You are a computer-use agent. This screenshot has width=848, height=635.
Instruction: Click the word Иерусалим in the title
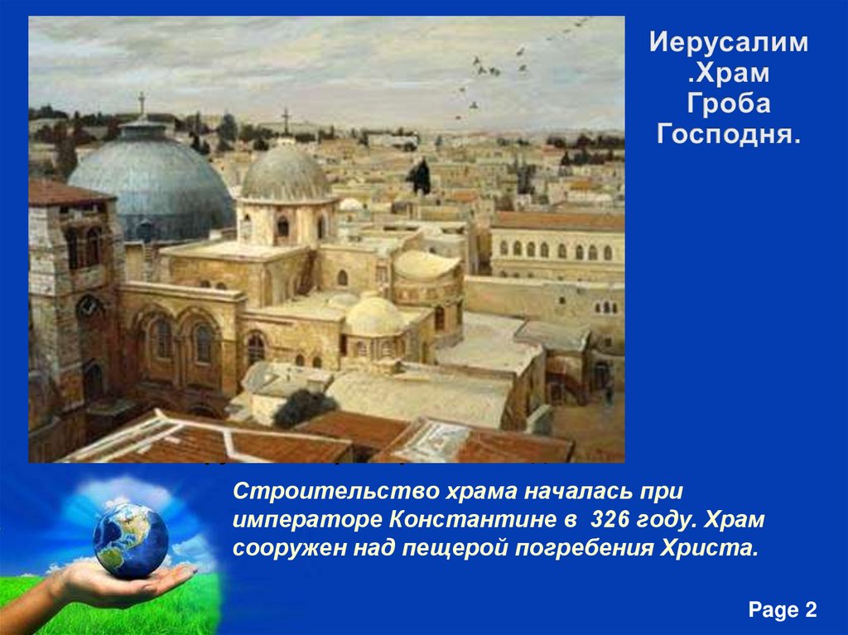click(x=728, y=43)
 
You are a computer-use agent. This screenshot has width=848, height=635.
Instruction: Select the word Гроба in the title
click(x=728, y=104)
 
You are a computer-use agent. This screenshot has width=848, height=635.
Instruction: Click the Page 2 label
click(x=783, y=610)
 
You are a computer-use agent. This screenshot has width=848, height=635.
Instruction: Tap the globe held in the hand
click(x=130, y=540)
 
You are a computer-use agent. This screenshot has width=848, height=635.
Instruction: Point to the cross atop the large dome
click(x=142, y=105)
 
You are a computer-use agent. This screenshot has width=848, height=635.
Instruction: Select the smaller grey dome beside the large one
click(x=286, y=175)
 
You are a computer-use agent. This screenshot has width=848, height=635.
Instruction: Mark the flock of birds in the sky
click(x=497, y=70)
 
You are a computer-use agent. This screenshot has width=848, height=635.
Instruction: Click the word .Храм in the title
click(x=728, y=74)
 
